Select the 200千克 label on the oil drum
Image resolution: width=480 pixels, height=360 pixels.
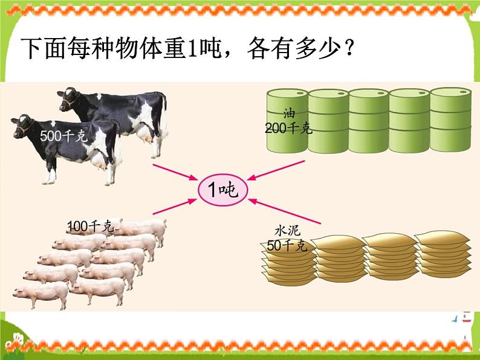287,127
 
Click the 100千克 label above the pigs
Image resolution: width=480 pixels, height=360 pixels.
89,227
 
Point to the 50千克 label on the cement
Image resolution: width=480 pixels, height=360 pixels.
287,245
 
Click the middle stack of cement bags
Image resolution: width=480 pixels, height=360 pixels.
388,257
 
